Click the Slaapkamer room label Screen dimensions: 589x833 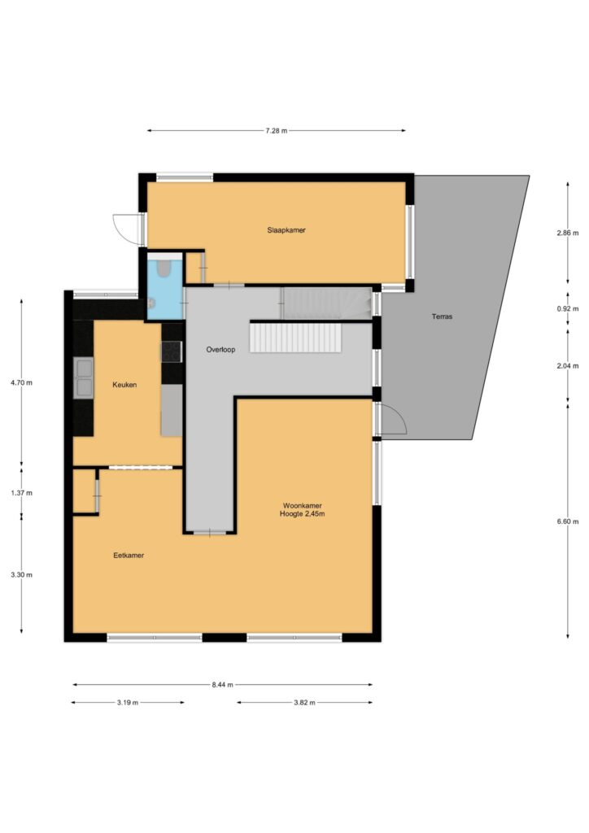point(286,230)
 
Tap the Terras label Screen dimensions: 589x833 point(442,316)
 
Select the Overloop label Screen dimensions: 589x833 point(220,350)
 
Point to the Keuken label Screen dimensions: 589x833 point(124,385)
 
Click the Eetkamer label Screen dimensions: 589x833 point(129,555)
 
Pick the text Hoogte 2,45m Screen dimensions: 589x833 point(302,514)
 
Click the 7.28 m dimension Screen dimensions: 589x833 point(276,131)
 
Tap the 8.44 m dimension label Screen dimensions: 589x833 point(223,685)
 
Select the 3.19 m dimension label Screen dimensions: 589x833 point(128,702)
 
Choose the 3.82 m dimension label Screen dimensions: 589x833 point(304,702)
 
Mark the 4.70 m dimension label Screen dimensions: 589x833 point(21,382)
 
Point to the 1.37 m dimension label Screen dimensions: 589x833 point(21,493)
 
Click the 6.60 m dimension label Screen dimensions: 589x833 point(568,521)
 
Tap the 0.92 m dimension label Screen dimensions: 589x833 point(568,308)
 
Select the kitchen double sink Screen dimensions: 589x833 point(84,377)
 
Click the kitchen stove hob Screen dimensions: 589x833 point(172,351)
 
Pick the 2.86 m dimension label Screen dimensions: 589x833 point(568,233)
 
